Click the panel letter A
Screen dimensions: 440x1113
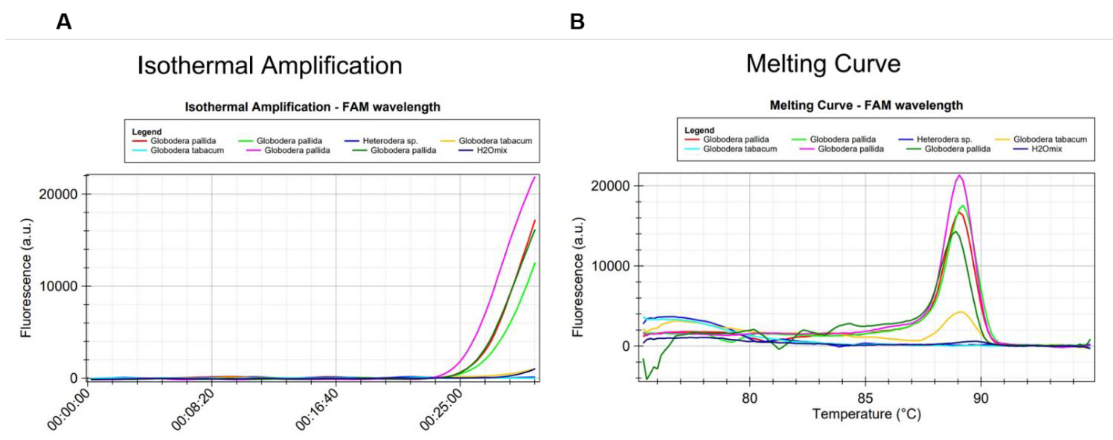pyautogui.click(x=64, y=22)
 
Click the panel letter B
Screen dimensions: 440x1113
pyautogui.click(x=577, y=22)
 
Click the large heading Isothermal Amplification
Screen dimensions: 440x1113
pyautogui.click(x=270, y=66)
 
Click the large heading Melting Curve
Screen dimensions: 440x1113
pyautogui.click(x=823, y=64)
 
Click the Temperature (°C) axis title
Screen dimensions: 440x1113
pyautogui.click(x=866, y=414)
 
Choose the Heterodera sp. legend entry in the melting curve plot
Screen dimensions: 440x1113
pyautogui.click(x=944, y=140)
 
